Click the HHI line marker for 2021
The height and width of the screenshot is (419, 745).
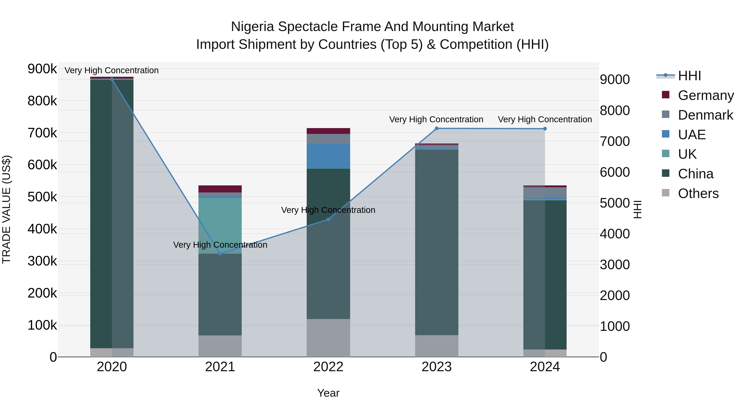pyautogui.click(x=220, y=254)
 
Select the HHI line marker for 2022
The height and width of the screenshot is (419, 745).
pyautogui.click(x=328, y=219)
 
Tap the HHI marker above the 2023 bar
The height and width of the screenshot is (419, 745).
pyautogui.click(x=437, y=128)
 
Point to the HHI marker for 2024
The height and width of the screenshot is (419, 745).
pyautogui.click(x=545, y=129)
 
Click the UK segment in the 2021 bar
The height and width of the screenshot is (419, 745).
pyautogui.click(x=220, y=226)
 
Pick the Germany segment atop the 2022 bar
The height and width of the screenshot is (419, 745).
pyautogui.click(x=328, y=131)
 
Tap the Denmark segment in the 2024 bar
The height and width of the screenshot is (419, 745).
pyautogui.click(x=545, y=192)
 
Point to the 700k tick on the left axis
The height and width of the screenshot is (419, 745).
pyautogui.click(x=42, y=133)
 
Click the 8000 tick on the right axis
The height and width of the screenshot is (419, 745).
pyautogui.click(x=615, y=110)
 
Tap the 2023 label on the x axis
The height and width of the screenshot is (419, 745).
pyautogui.click(x=437, y=367)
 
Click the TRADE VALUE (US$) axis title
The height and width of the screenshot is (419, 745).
pyautogui.click(x=6, y=209)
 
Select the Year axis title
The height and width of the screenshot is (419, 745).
pyautogui.click(x=328, y=393)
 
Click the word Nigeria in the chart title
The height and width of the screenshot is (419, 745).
pyautogui.click(x=252, y=27)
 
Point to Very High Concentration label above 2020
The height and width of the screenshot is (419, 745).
pyautogui.click(x=112, y=70)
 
